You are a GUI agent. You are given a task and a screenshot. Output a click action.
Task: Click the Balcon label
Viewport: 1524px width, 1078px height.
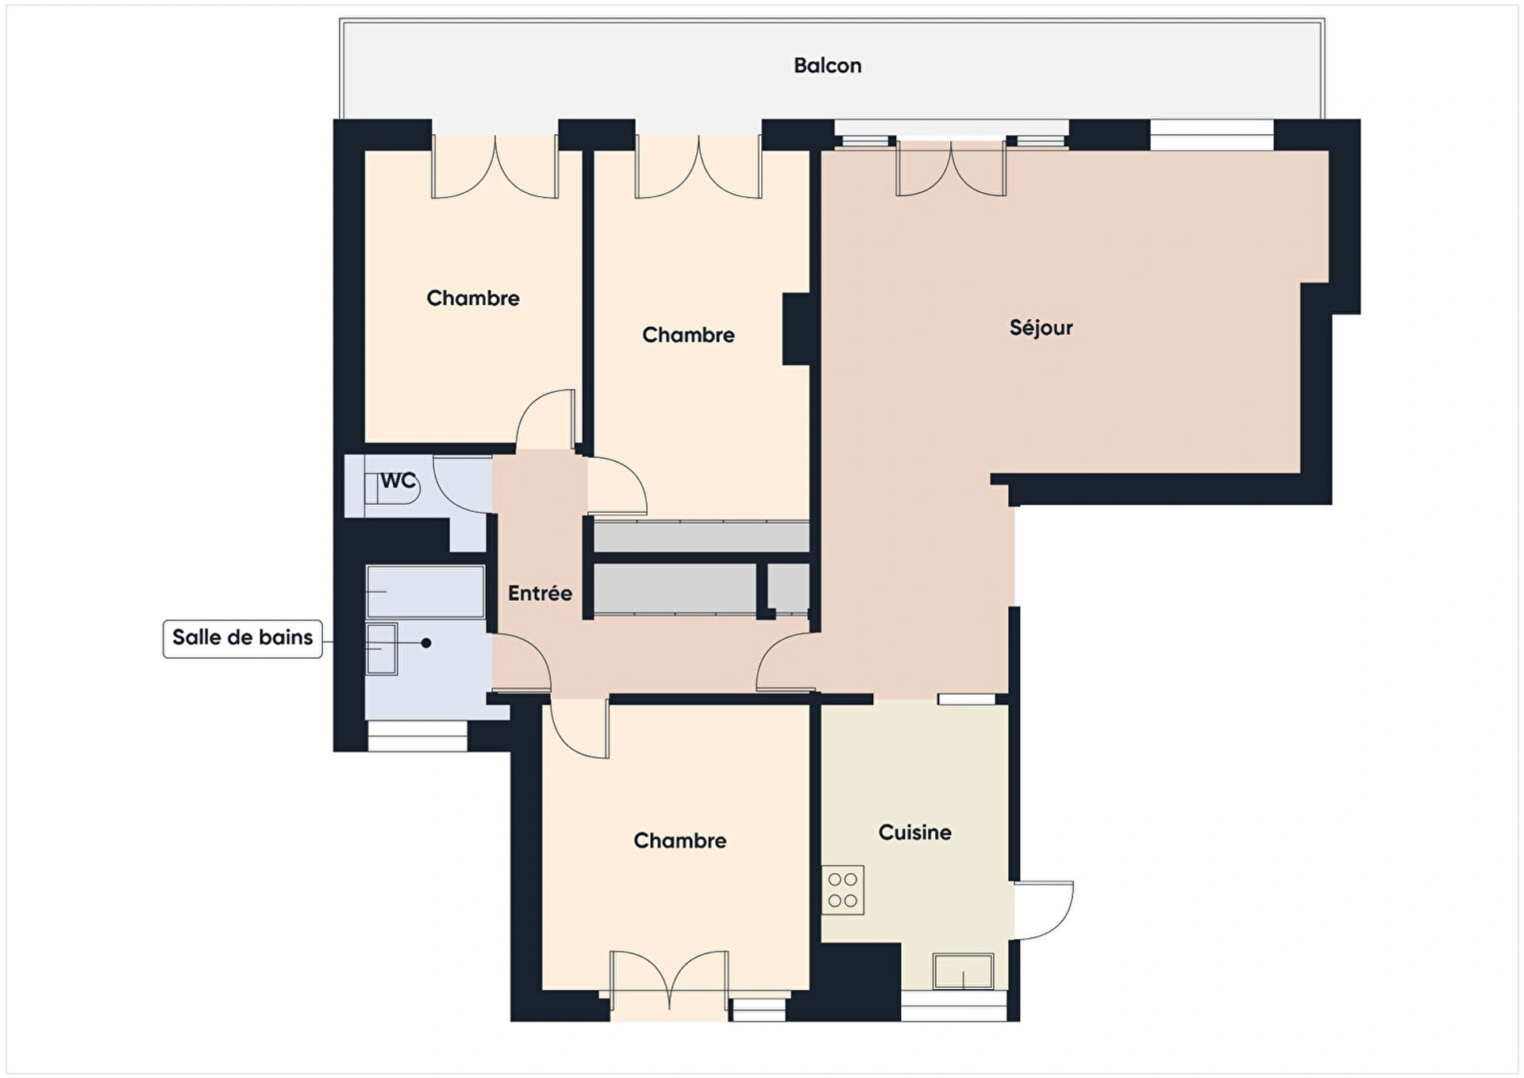pos(827,65)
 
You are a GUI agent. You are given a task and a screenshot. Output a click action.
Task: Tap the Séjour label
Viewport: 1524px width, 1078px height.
pos(1041,327)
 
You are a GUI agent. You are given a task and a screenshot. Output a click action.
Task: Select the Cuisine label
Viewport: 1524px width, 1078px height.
pos(914,832)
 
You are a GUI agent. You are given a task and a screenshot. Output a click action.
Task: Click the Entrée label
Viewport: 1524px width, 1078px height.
pos(540,593)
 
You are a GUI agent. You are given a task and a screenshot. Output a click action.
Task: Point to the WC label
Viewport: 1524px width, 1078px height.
pos(398,480)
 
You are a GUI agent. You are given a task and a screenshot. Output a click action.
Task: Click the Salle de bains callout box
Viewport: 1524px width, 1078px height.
pos(243,638)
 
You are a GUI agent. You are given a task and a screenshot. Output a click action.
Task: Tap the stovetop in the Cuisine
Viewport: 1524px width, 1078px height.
pos(842,890)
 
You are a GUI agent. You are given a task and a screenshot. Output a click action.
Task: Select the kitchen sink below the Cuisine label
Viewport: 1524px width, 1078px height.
pos(963,971)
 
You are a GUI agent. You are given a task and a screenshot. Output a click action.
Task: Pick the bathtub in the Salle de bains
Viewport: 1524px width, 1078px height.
pos(425,591)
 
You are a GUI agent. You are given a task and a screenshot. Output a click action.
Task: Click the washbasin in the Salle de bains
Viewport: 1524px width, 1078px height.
pos(381,649)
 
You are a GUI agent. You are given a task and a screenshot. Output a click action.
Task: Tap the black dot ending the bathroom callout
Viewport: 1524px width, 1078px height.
pos(426,643)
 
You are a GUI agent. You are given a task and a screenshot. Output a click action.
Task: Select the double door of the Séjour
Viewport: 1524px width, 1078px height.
pos(951,169)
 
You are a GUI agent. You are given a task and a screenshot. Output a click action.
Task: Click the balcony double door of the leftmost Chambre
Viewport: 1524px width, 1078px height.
pos(495,167)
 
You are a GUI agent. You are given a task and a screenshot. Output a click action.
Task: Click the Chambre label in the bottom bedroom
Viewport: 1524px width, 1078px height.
pos(679,841)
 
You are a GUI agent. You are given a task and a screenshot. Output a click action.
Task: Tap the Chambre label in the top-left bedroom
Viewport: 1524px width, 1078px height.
pos(473,298)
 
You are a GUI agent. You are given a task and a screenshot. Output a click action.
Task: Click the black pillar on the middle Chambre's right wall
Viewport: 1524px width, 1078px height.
pos(796,329)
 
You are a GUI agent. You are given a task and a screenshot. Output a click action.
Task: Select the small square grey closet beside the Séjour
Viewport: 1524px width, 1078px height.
pos(788,588)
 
